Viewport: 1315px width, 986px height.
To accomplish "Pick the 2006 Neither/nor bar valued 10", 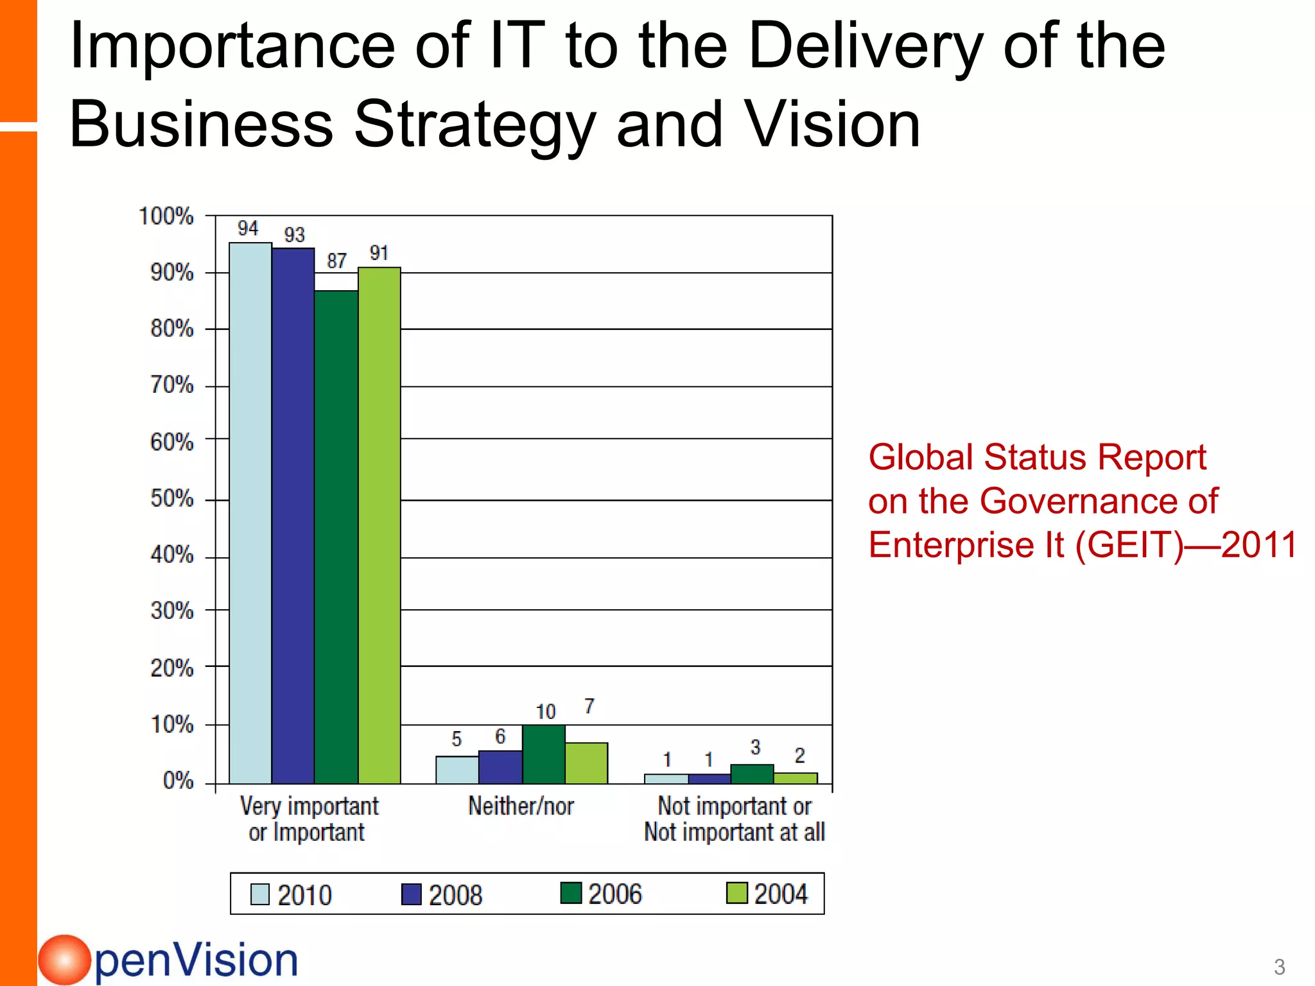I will click(x=544, y=754).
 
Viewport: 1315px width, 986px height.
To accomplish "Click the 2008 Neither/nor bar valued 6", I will click(x=500, y=767).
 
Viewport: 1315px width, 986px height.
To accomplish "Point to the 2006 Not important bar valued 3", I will click(x=752, y=774).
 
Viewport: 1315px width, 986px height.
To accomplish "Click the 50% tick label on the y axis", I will click(x=172, y=499).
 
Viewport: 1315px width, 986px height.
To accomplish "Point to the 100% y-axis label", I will click(x=166, y=216).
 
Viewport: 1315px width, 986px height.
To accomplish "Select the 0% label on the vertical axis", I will click(x=179, y=781).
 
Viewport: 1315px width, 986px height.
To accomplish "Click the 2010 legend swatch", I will click(x=260, y=894).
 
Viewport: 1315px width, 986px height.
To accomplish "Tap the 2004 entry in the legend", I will click(x=767, y=894).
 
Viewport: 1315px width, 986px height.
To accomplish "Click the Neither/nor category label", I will click(x=521, y=806).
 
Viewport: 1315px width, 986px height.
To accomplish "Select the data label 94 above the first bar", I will click(x=248, y=229).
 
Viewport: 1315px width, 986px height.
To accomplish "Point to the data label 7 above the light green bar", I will click(x=589, y=706).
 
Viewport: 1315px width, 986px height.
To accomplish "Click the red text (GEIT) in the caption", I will click(x=1128, y=545).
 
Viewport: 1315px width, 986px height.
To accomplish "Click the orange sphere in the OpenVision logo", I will click(x=64, y=960).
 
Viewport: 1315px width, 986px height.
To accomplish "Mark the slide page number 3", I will click(x=1279, y=967).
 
